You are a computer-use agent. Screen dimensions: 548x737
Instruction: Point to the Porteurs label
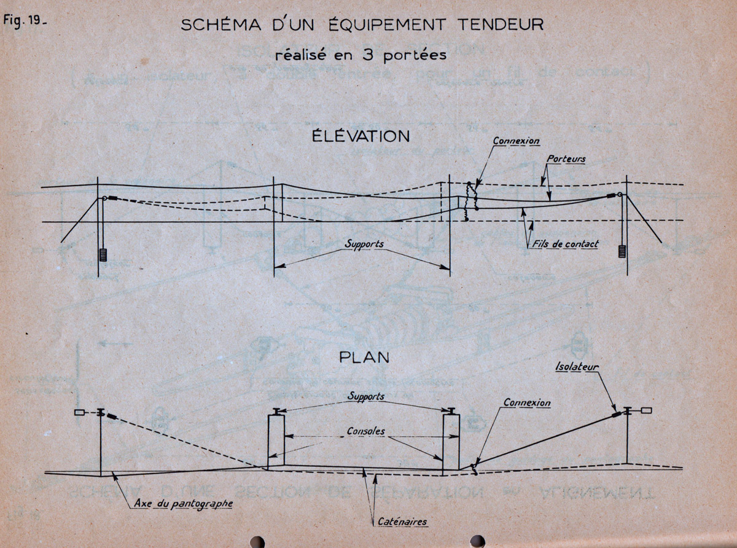[566, 159]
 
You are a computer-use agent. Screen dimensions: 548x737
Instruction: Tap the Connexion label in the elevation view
[516, 141]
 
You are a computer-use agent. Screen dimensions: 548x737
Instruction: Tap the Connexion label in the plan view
[526, 404]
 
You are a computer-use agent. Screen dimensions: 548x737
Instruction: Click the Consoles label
[364, 431]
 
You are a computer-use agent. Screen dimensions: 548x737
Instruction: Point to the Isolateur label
[577, 367]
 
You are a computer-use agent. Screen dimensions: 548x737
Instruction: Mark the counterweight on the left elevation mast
[103, 254]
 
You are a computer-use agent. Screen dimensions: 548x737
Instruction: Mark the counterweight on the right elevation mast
[623, 251]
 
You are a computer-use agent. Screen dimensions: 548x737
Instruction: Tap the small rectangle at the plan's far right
[645, 410]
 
